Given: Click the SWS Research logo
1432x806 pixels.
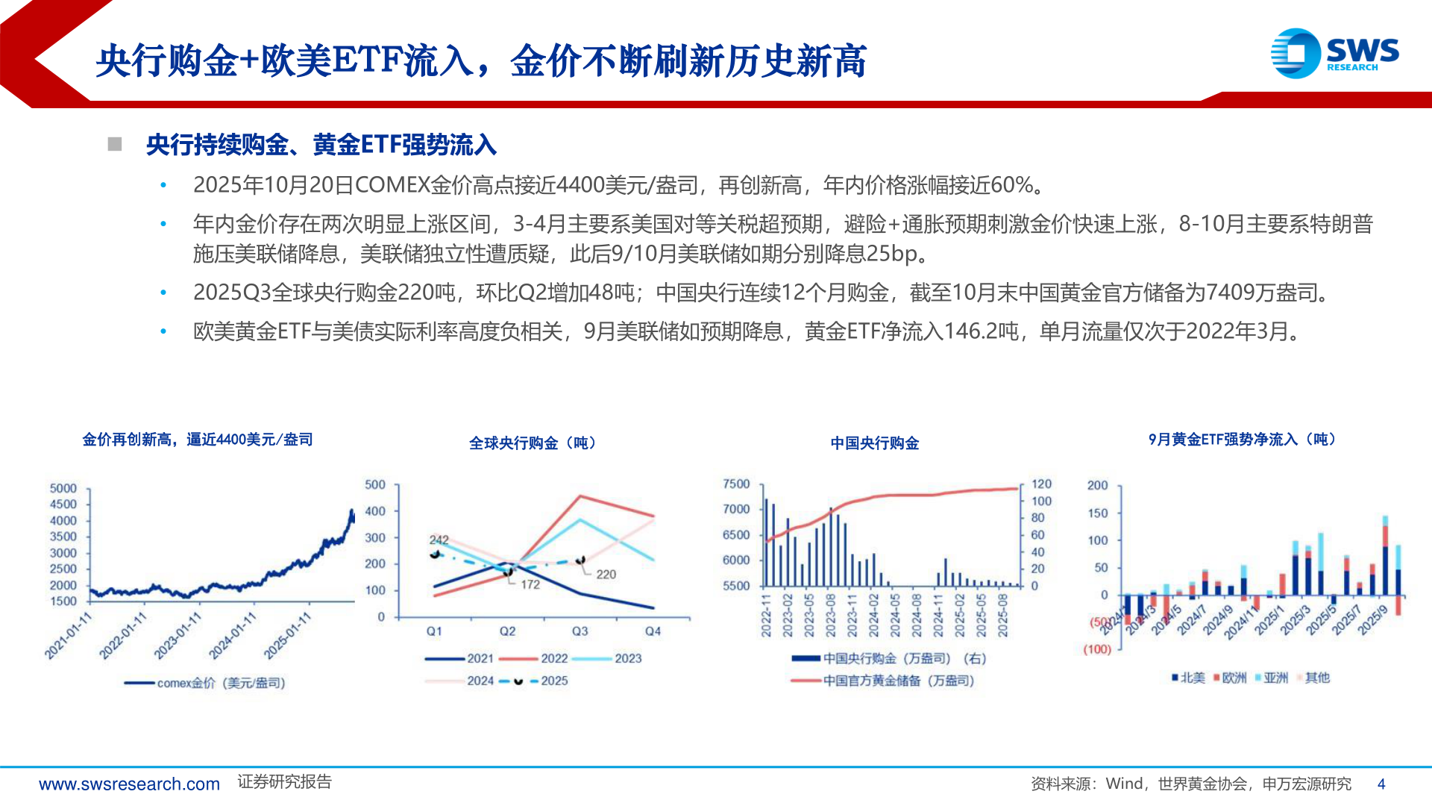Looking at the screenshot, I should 1334,53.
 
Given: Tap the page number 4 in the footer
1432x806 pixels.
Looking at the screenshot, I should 1381,784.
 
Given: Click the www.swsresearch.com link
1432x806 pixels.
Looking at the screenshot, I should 129,784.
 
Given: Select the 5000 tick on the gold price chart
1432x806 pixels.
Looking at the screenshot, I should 63,488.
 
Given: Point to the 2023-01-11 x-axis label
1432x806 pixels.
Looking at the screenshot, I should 178,636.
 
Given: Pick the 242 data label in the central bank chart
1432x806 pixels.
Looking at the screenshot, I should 439,540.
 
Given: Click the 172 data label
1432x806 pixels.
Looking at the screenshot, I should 530,584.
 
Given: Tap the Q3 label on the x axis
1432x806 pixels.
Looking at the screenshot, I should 580,631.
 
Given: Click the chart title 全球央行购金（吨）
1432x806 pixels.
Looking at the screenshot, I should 533,443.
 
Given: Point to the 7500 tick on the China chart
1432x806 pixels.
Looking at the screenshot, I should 736,484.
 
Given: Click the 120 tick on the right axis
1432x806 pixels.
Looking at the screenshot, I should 1041,484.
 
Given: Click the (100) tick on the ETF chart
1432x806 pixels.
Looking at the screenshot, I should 1097,649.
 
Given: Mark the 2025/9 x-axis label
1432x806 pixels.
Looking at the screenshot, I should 1372,620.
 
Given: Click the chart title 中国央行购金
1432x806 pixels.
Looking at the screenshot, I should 874,443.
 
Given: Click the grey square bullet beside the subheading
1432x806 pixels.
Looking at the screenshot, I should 115,144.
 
